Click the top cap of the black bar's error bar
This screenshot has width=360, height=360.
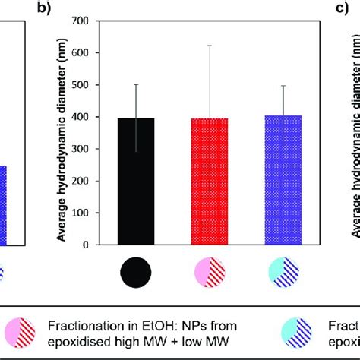pos(135,84)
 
